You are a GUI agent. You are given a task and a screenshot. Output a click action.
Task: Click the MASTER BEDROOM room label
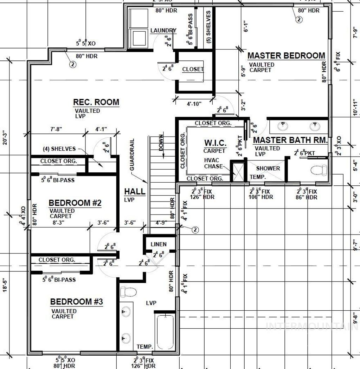[x=286, y=55]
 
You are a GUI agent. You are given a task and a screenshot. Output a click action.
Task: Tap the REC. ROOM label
[x=96, y=102]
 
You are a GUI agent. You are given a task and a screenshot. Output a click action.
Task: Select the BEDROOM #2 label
[x=75, y=203]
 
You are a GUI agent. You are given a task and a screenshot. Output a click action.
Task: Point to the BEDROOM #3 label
[x=76, y=302]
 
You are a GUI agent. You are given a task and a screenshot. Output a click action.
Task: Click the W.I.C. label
[x=215, y=143]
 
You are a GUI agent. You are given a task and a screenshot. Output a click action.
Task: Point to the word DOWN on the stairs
[x=161, y=143]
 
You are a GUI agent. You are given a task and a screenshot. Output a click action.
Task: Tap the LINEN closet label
[x=159, y=244]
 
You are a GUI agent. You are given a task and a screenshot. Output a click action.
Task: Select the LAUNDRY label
[x=163, y=31]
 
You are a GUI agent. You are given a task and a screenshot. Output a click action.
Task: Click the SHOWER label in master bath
[x=268, y=168]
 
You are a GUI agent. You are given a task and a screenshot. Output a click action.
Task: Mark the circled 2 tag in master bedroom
[x=298, y=20]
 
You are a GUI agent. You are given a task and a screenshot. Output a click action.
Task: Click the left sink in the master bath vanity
[x=282, y=125]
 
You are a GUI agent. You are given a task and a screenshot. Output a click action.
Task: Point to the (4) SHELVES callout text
[x=59, y=149]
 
